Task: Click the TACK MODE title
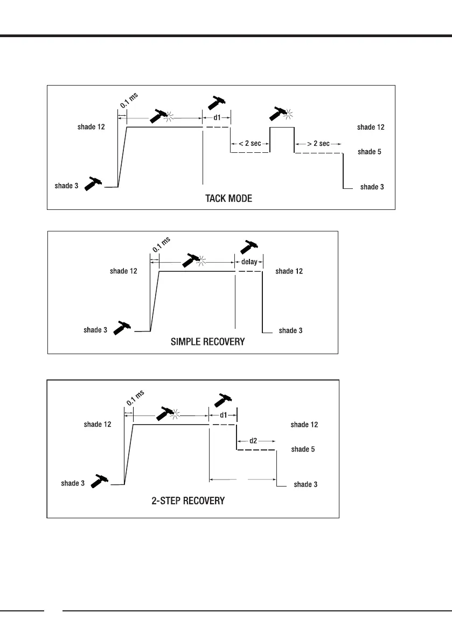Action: point(228,199)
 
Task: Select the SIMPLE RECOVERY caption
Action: point(208,341)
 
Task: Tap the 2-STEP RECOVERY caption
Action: point(187,501)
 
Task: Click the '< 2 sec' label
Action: point(250,144)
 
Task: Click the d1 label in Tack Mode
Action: point(217,117)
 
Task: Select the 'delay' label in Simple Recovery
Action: point(249,262)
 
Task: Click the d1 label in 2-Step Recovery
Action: point(223,415)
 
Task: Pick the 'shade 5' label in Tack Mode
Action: point(369,152)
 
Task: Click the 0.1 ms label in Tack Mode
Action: point(129,100)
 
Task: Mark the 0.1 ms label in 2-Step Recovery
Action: point(135,398)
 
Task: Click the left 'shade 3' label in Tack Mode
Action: point(66,186)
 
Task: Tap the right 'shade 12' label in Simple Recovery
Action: point(289,271)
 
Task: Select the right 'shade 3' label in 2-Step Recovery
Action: point(305,484)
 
